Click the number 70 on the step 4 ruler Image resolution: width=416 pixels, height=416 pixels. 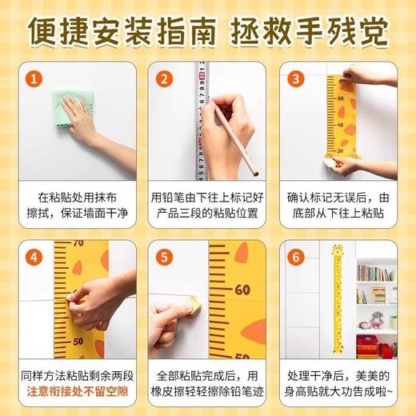pyautogui.click(x=78, y=243)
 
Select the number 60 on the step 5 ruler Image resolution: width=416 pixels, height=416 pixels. pyautogui.click(x=242, y=290)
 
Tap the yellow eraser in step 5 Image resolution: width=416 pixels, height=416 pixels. pyautogui.click(x=193, y=305)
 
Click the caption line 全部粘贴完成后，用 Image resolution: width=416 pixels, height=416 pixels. pyautogui.click(x=208, y=374)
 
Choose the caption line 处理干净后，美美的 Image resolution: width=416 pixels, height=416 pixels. pyautogui.click(x=339, y=374)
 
